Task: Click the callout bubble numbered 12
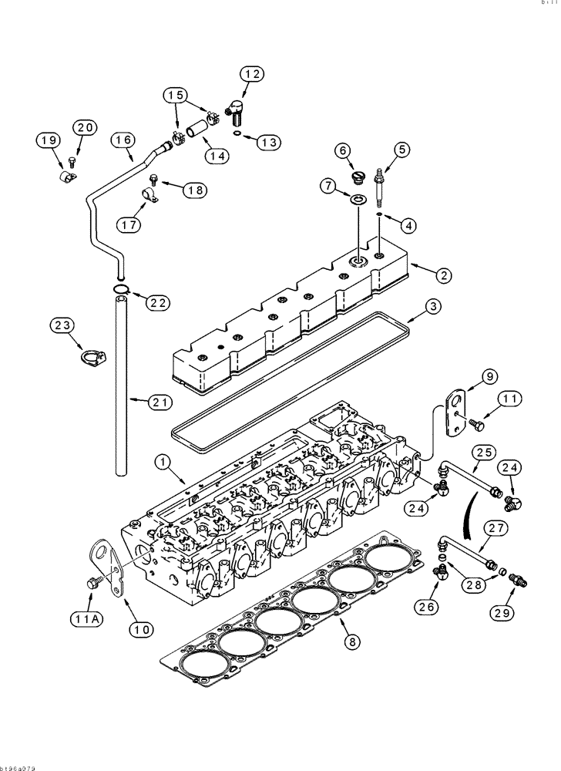(250, 74)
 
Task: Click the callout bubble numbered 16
(123, 140)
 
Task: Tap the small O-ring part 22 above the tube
(120, 291)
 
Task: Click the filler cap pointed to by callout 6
(357, 178)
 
